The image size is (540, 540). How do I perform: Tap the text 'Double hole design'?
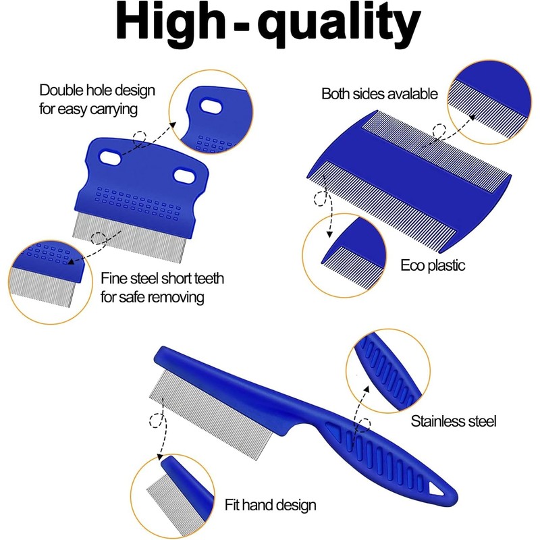(x=97, y=90)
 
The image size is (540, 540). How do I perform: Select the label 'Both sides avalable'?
(x=379, y=94)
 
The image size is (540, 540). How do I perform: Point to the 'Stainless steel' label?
(x=454, y=422)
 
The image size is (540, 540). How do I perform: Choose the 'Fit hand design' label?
(x=270, y=504)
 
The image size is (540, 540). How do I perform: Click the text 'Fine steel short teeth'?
(x=163, y=278)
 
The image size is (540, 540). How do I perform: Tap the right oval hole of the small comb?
(x=184, y=175)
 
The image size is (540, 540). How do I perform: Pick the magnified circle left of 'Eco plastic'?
(x=344, y=254)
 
